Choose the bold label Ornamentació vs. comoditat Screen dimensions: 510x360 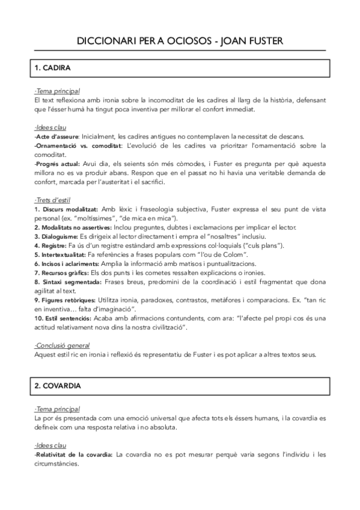[x=77, y=146]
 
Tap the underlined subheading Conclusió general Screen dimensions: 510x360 [x=63, y=346]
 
